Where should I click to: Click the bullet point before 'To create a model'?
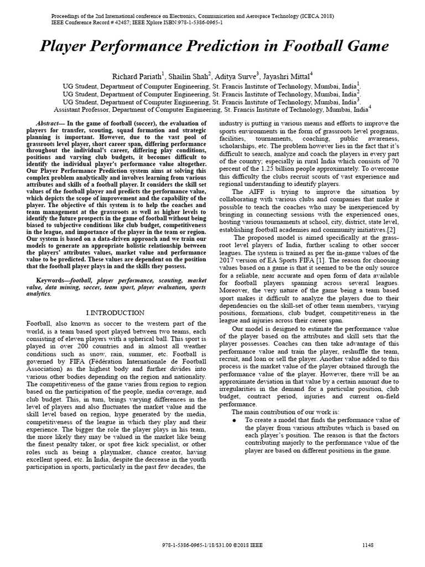tap(235, 421)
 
